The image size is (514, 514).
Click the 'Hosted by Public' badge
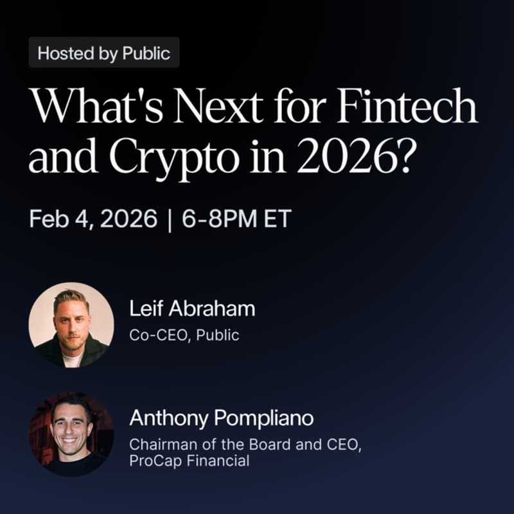[103, 53]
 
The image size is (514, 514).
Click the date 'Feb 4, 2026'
[93, 219]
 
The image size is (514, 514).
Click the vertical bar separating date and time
[170, 219]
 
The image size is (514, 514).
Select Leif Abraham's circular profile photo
[71, 324]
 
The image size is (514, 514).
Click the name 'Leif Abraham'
[192, 309]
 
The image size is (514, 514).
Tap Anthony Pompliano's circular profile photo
[71, 434]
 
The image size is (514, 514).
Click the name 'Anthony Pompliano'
[221, 419]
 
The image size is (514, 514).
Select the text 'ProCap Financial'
[189, 461]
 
